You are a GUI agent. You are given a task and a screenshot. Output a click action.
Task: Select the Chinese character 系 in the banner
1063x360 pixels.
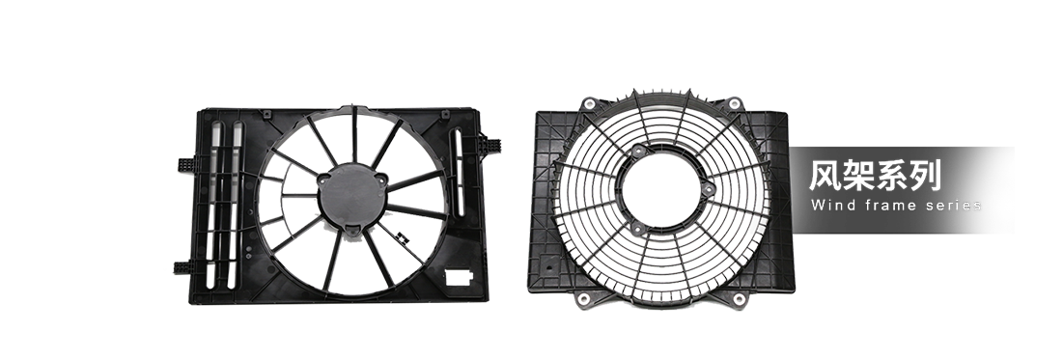coord(892,177)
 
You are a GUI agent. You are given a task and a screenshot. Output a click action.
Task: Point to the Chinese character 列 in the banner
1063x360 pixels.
coord(926,177)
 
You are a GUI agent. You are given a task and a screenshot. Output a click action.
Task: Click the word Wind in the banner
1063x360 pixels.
coord(828,205)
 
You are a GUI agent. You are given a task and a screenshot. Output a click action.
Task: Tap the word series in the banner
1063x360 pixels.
coord(954,205)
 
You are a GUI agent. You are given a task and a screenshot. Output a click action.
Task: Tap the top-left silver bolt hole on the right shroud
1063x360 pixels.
coord(589,103)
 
